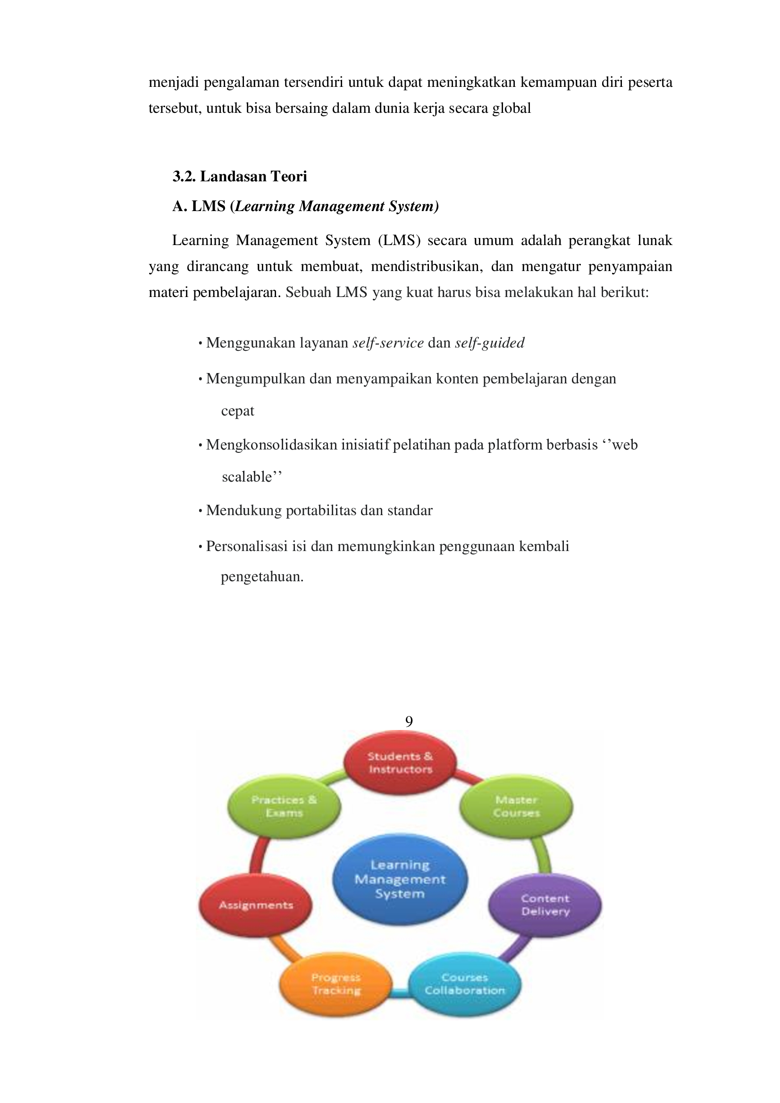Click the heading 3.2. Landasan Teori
(240, 177)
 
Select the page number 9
(409, 721)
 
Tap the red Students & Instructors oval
(400, 763)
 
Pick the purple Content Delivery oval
(545, 905)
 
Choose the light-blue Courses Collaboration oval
(464, 984)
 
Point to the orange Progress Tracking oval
(335, 984)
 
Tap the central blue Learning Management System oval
(400, 879)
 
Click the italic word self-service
(388, 343)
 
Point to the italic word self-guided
(489, 343)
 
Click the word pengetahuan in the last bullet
(262, 577)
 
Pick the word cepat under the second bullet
(237, 411)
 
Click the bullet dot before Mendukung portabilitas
(200, 511)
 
